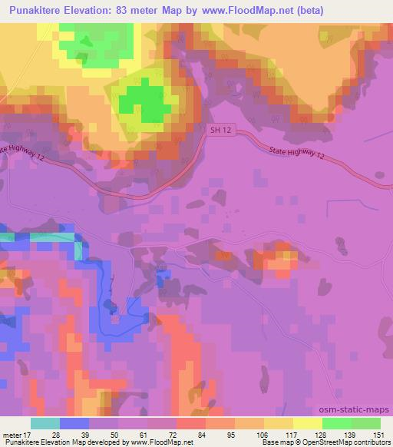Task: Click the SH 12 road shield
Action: click(220, 131)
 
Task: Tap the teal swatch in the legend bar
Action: click(45, 422)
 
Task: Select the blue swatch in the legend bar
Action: click(74, 422)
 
